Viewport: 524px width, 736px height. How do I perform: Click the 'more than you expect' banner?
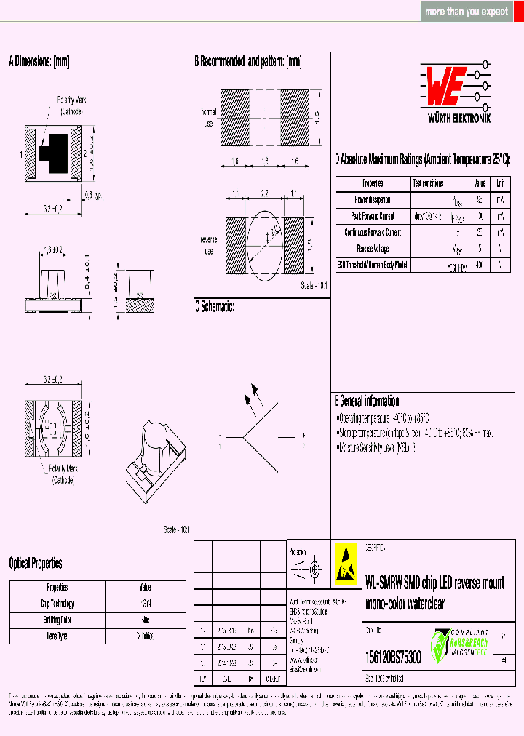pos(467,12)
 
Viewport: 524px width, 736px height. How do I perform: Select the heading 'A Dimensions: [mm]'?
pos(39,62)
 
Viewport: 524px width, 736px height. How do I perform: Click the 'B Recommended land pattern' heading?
pos(247,62)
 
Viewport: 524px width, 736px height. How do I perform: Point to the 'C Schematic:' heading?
pos(214,307)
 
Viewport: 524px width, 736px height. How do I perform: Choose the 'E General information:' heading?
pos(368,401)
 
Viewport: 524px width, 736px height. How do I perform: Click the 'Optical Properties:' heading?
pos(36,563)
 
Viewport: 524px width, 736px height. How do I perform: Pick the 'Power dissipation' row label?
pos(373,200)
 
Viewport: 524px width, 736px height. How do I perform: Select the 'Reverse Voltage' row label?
pos(373,249)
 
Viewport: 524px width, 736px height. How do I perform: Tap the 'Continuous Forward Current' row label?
pos(373,233)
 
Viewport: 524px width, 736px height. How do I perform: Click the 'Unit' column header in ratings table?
pos(501,184)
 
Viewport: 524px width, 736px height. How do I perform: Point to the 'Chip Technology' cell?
pos(57,604)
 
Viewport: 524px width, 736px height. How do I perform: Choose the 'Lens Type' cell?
pos(57,636)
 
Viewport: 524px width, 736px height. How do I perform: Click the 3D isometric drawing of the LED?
pos(156,458)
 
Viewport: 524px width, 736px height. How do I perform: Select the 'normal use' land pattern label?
pos(209,118)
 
